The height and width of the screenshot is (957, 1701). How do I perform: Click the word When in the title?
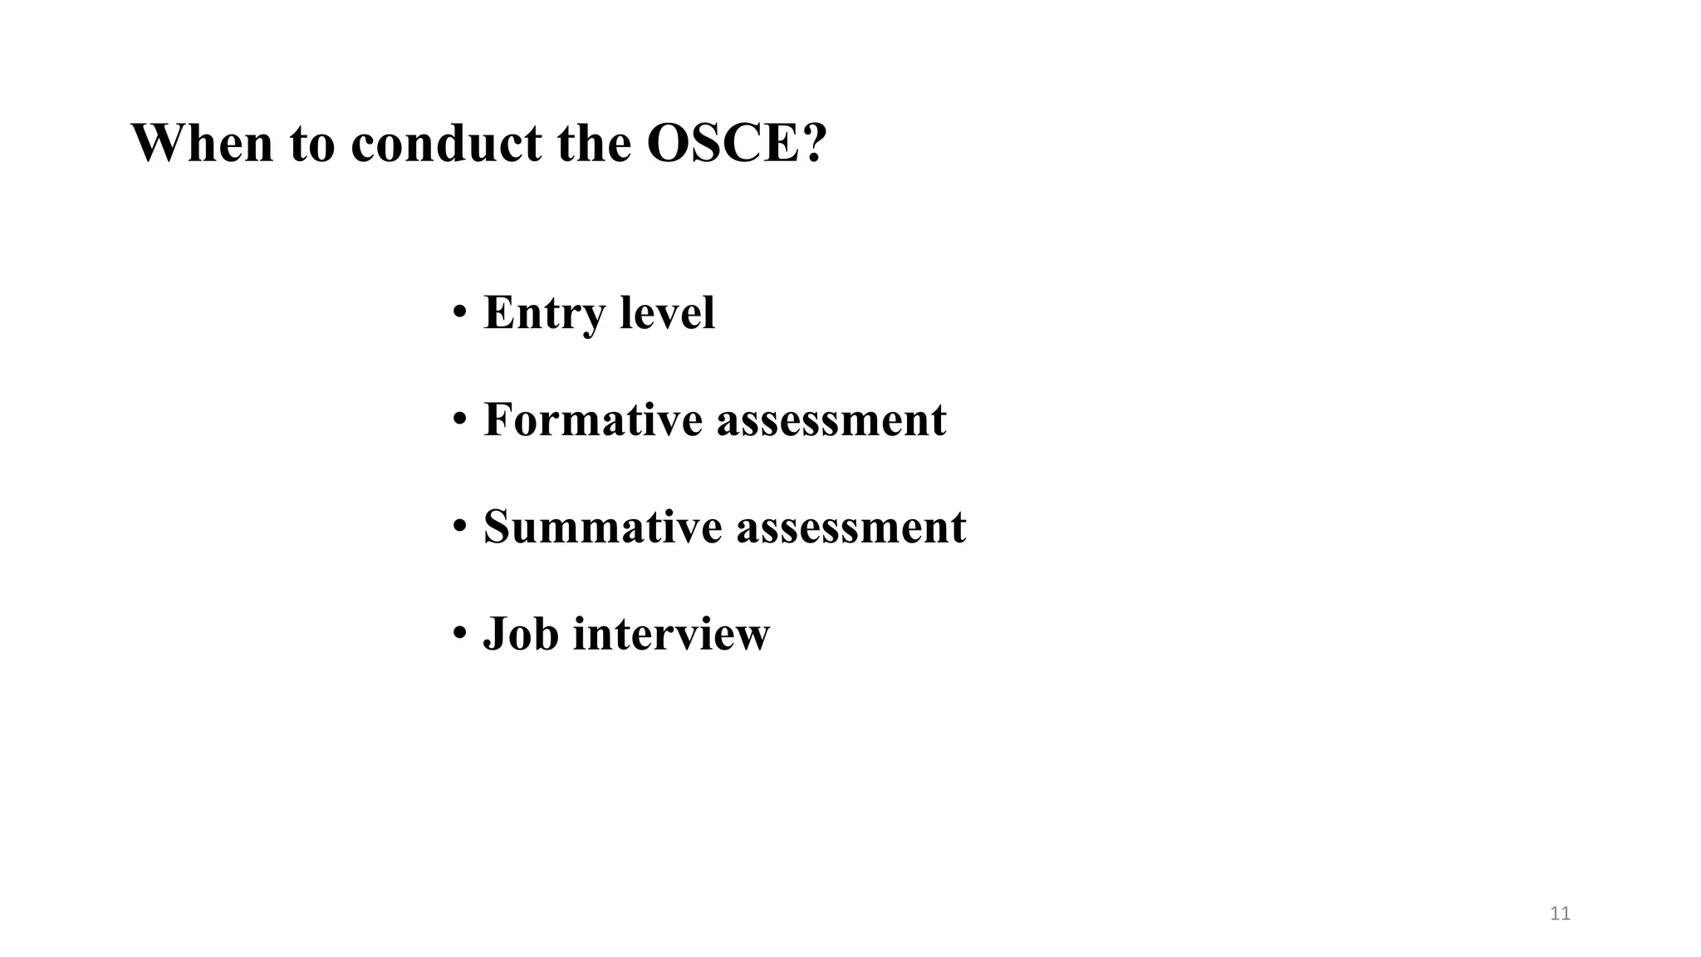tap(202, 143)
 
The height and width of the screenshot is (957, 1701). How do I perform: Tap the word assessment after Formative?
tap(831, 420)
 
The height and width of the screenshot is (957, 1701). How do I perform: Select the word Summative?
tap(602, 526)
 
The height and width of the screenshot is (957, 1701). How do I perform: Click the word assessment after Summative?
tap(851, 528)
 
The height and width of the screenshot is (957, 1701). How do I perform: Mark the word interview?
tap(671, 633)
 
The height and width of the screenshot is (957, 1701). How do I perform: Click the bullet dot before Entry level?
tap(459, 313)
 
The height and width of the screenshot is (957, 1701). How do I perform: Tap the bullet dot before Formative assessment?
tap(459, 420)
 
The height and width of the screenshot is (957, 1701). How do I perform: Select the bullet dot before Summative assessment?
tap(459, 528)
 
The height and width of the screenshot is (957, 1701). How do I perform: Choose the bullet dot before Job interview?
tap(459, 634)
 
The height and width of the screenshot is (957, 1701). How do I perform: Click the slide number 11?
tap(1560, 914)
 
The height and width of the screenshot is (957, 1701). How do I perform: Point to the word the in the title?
tap(594, 143)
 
